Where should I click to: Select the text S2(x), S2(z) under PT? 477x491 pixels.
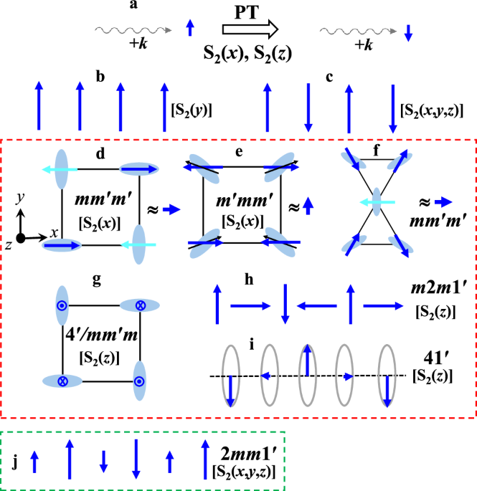247,52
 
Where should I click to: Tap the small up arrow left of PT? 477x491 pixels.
190,28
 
